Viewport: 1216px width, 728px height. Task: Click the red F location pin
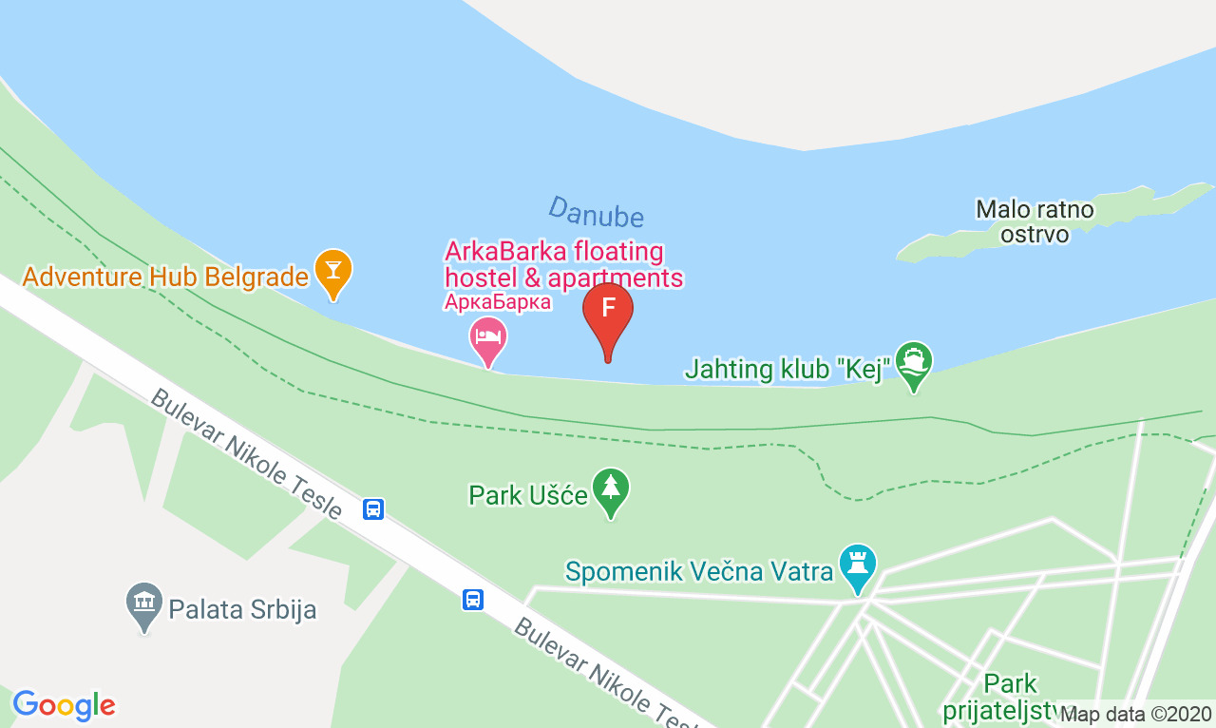coord(608,312)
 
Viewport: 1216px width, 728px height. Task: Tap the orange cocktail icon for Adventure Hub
coord(333,270)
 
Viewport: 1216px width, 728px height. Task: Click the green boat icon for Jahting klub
coord(914,362)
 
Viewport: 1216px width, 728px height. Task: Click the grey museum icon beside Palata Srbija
coord(144,603)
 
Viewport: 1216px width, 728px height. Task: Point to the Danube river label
coord(596,211)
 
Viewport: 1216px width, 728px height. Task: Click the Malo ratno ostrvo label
coord(1035,220)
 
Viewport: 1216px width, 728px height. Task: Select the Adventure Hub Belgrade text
coord(166,277)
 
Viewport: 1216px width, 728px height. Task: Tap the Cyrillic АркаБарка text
coord(498,302)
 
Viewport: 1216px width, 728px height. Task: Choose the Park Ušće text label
coord(528,495)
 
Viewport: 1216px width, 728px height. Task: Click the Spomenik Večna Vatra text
coord(699,571)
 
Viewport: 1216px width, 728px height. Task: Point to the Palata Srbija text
coord(242,608)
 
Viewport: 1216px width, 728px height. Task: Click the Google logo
coord(64,705)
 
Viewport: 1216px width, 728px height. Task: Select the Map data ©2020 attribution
coord(1135,713)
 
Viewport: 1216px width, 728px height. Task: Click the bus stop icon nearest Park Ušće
coord(373,508)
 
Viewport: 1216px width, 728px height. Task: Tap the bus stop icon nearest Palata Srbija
coord(473,600)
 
